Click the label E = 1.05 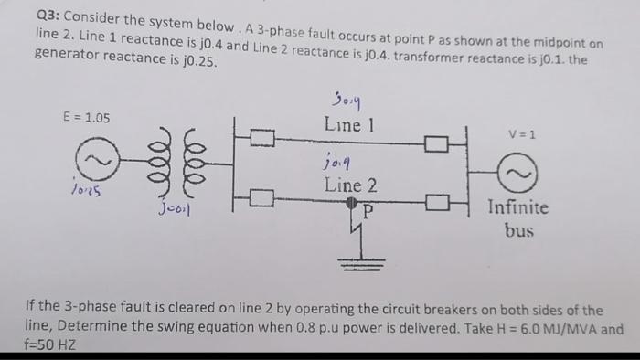pos(86,118)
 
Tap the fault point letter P pos(368,208)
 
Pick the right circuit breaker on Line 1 pos(436,143)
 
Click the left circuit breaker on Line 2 pos(261,196)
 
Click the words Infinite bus pos(518,218)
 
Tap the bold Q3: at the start pos(47,16)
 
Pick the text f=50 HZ pos(51,346)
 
